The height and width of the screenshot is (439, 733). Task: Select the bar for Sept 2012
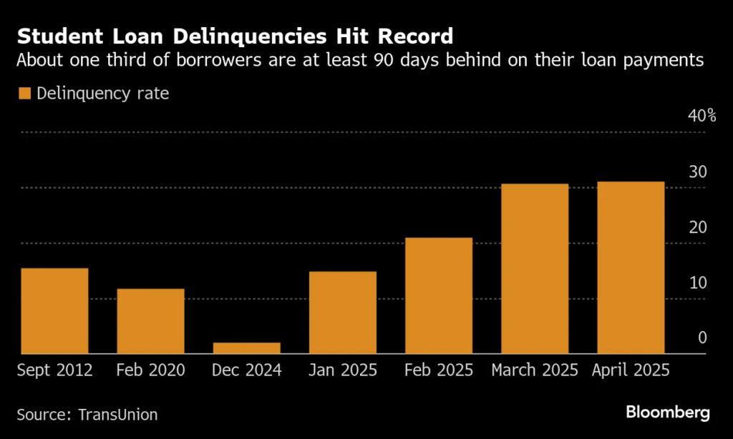(55, 311)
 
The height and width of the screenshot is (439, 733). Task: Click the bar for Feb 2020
(151, 321)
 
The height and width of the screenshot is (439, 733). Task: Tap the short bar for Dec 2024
(247, 348)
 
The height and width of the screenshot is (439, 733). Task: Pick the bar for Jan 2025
(343, 312)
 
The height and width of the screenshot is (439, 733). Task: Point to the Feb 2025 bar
(439, 295)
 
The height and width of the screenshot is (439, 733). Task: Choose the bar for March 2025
(535, 269)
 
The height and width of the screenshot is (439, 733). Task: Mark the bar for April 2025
(631, 267)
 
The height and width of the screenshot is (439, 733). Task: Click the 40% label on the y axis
(702, 116)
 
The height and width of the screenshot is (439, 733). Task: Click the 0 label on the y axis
(702, 337)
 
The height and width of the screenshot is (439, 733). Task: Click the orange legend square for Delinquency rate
(26, 93)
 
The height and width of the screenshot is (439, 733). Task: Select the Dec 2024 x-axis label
(247, 370)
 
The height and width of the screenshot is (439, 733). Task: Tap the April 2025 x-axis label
(631, 370)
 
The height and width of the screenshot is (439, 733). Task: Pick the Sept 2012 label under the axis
(55, 370)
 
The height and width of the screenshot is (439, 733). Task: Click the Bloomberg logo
(667, 413)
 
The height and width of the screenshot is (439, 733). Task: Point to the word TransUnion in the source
(117, 414)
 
